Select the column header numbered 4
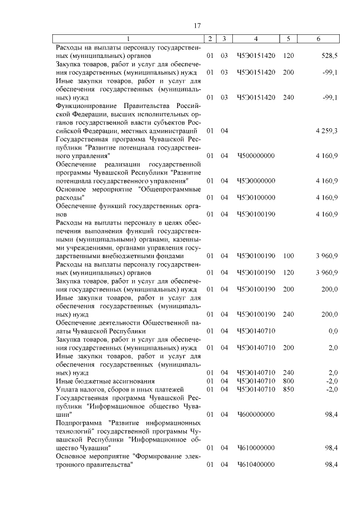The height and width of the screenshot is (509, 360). pos(256,39)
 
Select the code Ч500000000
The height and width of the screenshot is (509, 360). pos(256,155)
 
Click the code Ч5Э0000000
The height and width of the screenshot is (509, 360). pos(256,181)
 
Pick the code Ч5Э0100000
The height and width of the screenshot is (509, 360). pos(256,197)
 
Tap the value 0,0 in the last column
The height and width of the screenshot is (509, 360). pos(332,331)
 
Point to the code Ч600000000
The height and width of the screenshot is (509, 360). pos(256,414)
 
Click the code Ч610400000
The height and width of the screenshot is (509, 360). pos(256,465)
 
